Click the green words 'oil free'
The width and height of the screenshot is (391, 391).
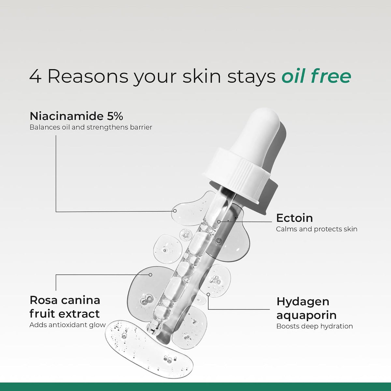(316, 76)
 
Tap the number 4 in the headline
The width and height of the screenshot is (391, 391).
(36, 77)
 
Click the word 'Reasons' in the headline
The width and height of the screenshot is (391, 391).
(88, 77)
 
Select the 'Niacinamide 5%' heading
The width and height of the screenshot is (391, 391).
(76, 116)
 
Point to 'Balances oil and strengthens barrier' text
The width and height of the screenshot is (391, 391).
(91, 127)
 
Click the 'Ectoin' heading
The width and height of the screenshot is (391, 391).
(295, 218)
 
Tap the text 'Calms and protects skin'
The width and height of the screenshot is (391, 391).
(316, 229)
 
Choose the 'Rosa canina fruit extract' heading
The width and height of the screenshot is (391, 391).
(65, 307)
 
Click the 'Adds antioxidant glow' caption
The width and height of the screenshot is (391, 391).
(67, 325)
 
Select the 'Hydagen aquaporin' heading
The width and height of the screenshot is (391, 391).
(306, 309)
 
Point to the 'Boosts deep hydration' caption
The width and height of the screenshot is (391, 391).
(314, 326)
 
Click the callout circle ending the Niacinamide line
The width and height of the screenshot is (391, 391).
(175, 211)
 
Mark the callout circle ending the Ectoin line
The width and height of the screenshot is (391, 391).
(219, 222)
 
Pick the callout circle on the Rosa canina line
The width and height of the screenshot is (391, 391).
(150, 275)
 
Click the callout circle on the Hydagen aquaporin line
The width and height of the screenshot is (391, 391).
(208, 294)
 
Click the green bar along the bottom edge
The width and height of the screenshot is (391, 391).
(195, 387)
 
